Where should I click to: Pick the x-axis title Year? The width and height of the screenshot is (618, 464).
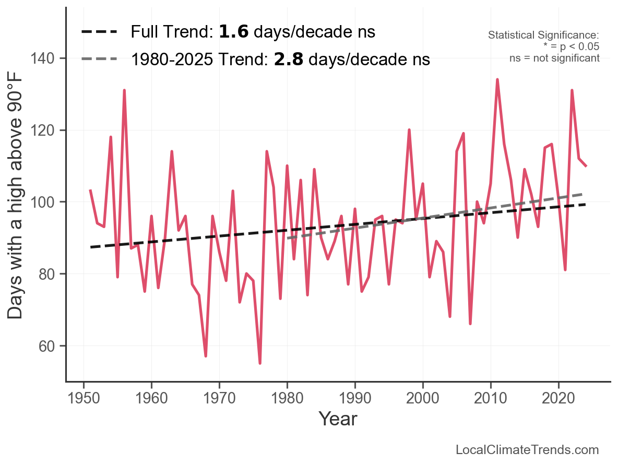pyautogui.click(x=338, y=419)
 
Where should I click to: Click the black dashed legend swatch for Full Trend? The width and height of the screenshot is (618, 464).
pyautogui.click(x=100, y=32)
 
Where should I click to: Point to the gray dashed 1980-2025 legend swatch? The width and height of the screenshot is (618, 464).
pyautogui.click(x=100, y=60)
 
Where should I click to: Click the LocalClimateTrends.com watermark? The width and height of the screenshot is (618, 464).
pyautogui.click(x=527, y=450)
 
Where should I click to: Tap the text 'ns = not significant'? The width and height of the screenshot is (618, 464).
pyautogui.click(x=554, y=58)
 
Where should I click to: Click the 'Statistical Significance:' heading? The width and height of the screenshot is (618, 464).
pyautogui.click(x=543, y=35)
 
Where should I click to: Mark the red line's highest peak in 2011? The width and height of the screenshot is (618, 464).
pyautogui.click(x=497, y=80)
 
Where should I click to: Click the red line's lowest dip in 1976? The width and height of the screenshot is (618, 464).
pyautogui.click(x=260, y=363)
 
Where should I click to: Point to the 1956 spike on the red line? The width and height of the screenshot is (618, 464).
pyautogui.click(x=124, y=90)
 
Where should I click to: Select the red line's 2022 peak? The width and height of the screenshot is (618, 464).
pyautogui.click(x=572, y=90)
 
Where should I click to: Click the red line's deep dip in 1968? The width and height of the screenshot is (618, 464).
pyautogui.click(x=206, y=356)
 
